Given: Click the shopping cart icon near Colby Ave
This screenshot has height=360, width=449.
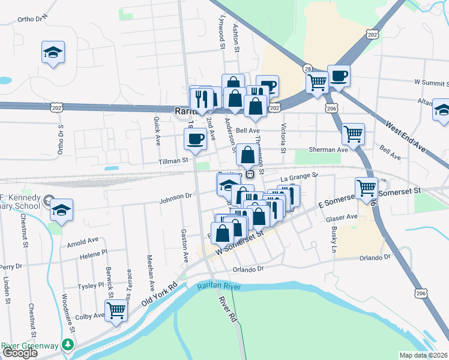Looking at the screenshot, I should click(x=116, y=310).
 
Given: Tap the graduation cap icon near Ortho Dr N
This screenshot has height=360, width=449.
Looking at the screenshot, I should click(x=53, y=52).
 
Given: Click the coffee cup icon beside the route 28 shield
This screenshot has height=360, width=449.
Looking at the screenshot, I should click(x=339, y=76).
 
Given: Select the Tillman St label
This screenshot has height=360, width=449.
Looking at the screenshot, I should click(x=174, y=160).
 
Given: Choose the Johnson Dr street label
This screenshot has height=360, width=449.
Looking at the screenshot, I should click(x=175, y=195).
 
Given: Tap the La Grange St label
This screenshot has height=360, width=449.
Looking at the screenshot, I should click(x=298, y=176).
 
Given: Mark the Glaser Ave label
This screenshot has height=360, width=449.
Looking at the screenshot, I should click(x=342, y=217).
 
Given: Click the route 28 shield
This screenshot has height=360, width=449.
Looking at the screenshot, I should click(x=307, y=68).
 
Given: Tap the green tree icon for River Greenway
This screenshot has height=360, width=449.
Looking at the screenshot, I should click(x=68, y=345).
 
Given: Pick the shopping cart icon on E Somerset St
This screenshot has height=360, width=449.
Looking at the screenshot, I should click(x=366, y=188).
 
